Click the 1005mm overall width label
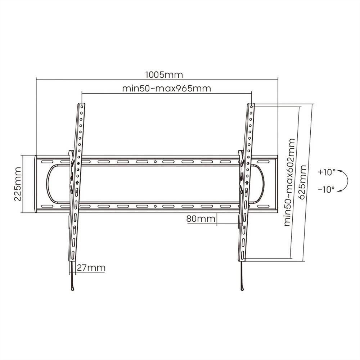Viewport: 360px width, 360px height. [164, 75]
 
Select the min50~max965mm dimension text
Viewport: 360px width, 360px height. [166, 89]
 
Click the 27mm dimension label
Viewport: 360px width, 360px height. [91, 268]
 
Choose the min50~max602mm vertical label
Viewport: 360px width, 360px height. [289, 182]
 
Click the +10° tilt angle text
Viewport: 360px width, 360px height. [326, 172]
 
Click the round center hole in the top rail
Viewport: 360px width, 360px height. [155, 162]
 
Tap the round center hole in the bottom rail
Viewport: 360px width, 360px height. [155, 207]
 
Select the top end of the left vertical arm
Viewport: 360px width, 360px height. [82, 105]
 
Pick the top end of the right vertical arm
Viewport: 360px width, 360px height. [251, 105]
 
